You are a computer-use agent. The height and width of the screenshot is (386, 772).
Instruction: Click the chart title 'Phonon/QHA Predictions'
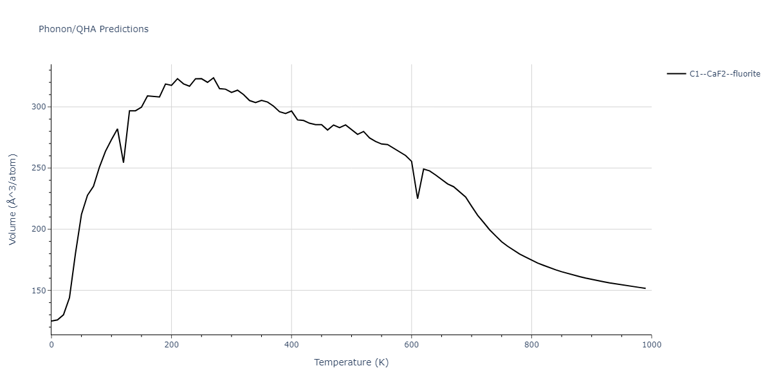93,29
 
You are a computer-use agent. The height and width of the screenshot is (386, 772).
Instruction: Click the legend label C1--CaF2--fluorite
724,74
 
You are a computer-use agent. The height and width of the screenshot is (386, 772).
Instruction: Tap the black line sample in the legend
676,74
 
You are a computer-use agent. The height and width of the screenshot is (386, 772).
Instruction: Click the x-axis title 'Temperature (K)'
351,362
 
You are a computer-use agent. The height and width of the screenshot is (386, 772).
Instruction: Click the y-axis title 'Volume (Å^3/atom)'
13,199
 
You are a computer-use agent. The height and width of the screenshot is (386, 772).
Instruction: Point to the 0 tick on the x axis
51,345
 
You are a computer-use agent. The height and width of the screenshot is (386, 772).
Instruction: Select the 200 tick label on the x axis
171,345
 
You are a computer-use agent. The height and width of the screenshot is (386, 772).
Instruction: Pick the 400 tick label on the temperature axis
291,345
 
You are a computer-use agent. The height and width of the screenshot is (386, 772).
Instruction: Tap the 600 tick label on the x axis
412,345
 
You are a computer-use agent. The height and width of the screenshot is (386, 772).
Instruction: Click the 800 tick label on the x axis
531,345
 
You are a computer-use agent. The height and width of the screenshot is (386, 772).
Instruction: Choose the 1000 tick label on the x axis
651,345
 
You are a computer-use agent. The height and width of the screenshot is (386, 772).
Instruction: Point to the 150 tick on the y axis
38,291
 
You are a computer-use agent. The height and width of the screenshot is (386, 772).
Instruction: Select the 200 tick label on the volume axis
38,230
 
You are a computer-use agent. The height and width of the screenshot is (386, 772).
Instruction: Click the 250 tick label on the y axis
38,168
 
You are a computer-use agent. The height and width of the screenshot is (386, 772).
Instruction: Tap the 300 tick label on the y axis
38,107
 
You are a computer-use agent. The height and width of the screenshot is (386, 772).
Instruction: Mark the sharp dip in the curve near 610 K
418,198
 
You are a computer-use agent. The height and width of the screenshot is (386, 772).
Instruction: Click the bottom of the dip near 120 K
124,162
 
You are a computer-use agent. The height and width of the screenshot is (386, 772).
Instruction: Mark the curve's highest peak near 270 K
214,78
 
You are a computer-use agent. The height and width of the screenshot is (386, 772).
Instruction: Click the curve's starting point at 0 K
51,321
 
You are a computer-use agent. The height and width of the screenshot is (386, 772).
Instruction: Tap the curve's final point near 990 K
645,288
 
